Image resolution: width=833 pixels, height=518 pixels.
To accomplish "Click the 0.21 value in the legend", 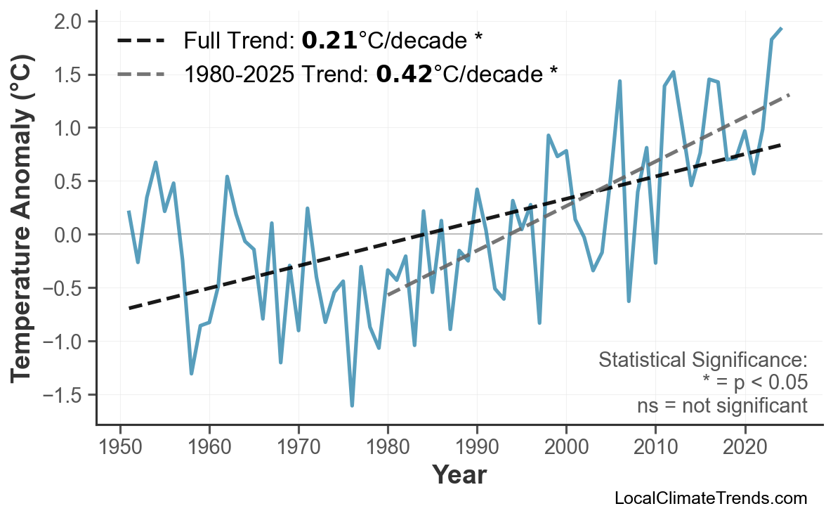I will (x=329, y=41).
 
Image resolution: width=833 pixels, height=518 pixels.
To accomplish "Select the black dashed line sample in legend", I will (x=140, y=41).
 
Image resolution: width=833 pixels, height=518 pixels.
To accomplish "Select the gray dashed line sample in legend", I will (x=140, y=73).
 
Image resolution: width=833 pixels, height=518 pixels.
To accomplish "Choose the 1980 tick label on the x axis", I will (x=388, y=447).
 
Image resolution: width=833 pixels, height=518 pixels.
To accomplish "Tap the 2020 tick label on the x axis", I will (x=745, y=447).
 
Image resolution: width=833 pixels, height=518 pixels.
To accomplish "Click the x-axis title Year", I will (x=459, y=475).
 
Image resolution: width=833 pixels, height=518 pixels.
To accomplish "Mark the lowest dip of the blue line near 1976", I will (x=352, y=406).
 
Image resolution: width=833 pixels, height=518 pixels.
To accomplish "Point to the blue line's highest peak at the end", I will (x=781, y=28).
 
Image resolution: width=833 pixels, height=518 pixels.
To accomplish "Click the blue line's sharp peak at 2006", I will (x=619, y=81).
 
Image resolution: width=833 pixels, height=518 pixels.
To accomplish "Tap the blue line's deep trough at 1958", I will (x=191, y=373).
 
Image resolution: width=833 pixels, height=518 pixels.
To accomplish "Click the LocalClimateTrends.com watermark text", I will (x=710, y=498).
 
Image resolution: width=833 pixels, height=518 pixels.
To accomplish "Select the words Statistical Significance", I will (x=702, y=361).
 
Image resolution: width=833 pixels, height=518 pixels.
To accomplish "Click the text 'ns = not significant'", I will (x=722, y=406).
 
